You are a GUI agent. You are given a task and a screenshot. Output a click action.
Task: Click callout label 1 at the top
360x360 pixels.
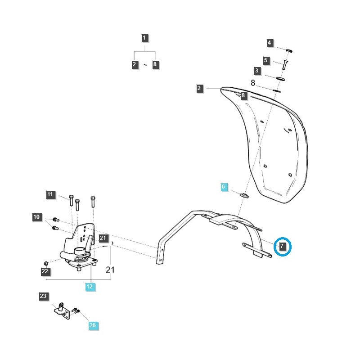point(144,38)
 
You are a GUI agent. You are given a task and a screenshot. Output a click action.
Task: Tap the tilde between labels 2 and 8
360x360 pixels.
point(145,65)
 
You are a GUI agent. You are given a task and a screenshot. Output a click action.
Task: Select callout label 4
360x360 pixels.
point(270,43)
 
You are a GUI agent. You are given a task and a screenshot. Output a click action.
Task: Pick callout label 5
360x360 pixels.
point(265,60)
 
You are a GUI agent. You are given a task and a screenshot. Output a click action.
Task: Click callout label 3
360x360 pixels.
point(257,71)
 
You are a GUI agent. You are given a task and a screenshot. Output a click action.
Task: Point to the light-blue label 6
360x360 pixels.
point(223,187)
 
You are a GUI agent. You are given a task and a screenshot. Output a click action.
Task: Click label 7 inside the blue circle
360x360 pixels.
point(282,246)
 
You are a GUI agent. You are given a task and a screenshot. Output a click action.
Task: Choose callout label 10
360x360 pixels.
point(36,217)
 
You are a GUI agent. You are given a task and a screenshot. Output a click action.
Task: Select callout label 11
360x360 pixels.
point(50,195)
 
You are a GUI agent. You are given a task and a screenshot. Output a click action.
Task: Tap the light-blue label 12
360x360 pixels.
point(90,286)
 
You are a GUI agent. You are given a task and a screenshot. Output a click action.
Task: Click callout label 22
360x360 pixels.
point(45,271)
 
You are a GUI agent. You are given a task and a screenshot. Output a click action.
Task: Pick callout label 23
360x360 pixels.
point(43,296)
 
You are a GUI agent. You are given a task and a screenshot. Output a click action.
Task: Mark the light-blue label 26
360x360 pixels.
point(92,325)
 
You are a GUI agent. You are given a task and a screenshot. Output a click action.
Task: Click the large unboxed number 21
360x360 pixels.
point(110,270)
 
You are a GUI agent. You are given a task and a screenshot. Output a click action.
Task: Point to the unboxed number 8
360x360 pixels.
point(253,83)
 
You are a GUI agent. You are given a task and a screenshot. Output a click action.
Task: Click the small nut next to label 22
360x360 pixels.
point(46,262)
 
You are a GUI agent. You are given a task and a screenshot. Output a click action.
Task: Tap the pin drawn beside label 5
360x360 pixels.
point(285,63)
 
